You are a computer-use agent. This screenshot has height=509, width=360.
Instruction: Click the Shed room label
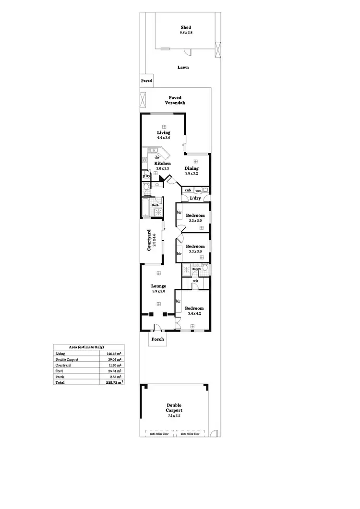pyautogui.click(x=186, y=27)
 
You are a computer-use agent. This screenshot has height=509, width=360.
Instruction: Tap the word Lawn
pyautogui.click(x=183, y=68)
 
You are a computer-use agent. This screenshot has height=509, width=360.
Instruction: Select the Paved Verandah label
pyautogui.click(x=175, y=100)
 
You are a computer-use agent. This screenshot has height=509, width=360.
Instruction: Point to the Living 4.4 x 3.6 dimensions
pyautogui.click(x=164, y=138)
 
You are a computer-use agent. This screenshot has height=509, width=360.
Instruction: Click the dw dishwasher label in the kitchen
pyautogui.click(x=157, y=157)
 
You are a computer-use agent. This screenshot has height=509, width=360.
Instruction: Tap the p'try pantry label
pyautogui.click(x=146, y=176)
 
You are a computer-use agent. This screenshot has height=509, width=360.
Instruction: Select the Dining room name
pyautogui.click(x=192, y=168)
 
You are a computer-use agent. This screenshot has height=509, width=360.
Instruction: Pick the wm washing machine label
pyautogui.click(x=198, y=190)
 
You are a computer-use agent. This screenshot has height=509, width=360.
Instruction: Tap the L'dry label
pyautogui.click(x=195, y=198)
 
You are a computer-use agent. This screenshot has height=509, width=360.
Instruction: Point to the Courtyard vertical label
pyautogui.click(x=152, y=241)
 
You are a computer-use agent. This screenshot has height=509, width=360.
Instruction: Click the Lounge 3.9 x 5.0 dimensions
pyautogui.click(x=159, y=291)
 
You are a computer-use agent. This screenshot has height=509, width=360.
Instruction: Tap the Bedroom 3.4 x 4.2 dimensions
pyautogui.click(x=194, y=314)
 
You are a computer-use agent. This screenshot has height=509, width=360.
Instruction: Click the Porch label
pyautogui.click(x=158, y=339)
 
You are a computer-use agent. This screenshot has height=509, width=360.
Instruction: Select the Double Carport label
pyautogui.click(x=174, y=408)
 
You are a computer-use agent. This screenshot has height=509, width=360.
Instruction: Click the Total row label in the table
pyautogui.click(x=60, y=382)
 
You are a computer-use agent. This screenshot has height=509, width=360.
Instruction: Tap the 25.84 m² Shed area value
pyautogui.click(x=113, y=371)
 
